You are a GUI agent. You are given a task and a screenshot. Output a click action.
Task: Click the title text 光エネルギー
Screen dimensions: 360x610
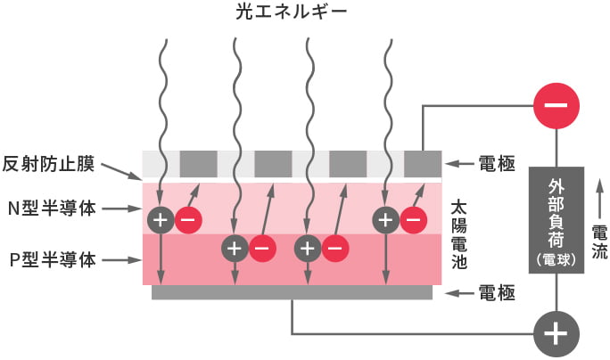coord(305,12)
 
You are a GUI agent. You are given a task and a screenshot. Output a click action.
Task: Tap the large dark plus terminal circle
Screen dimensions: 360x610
coord(555,334)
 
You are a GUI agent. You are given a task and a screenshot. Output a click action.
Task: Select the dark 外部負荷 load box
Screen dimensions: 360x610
coord(556,219)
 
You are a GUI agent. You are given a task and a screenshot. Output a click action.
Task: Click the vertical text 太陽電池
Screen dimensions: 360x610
coord(460,235)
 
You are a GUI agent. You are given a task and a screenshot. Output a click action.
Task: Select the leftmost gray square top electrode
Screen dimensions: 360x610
coord(198,164)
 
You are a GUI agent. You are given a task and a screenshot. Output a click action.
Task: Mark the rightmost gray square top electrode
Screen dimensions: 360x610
coord(422,164)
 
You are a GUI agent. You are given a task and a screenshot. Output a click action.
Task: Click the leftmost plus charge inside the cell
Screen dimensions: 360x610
coord(161,218)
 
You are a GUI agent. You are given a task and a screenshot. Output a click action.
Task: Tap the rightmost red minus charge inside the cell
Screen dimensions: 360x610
coord(412,218)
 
